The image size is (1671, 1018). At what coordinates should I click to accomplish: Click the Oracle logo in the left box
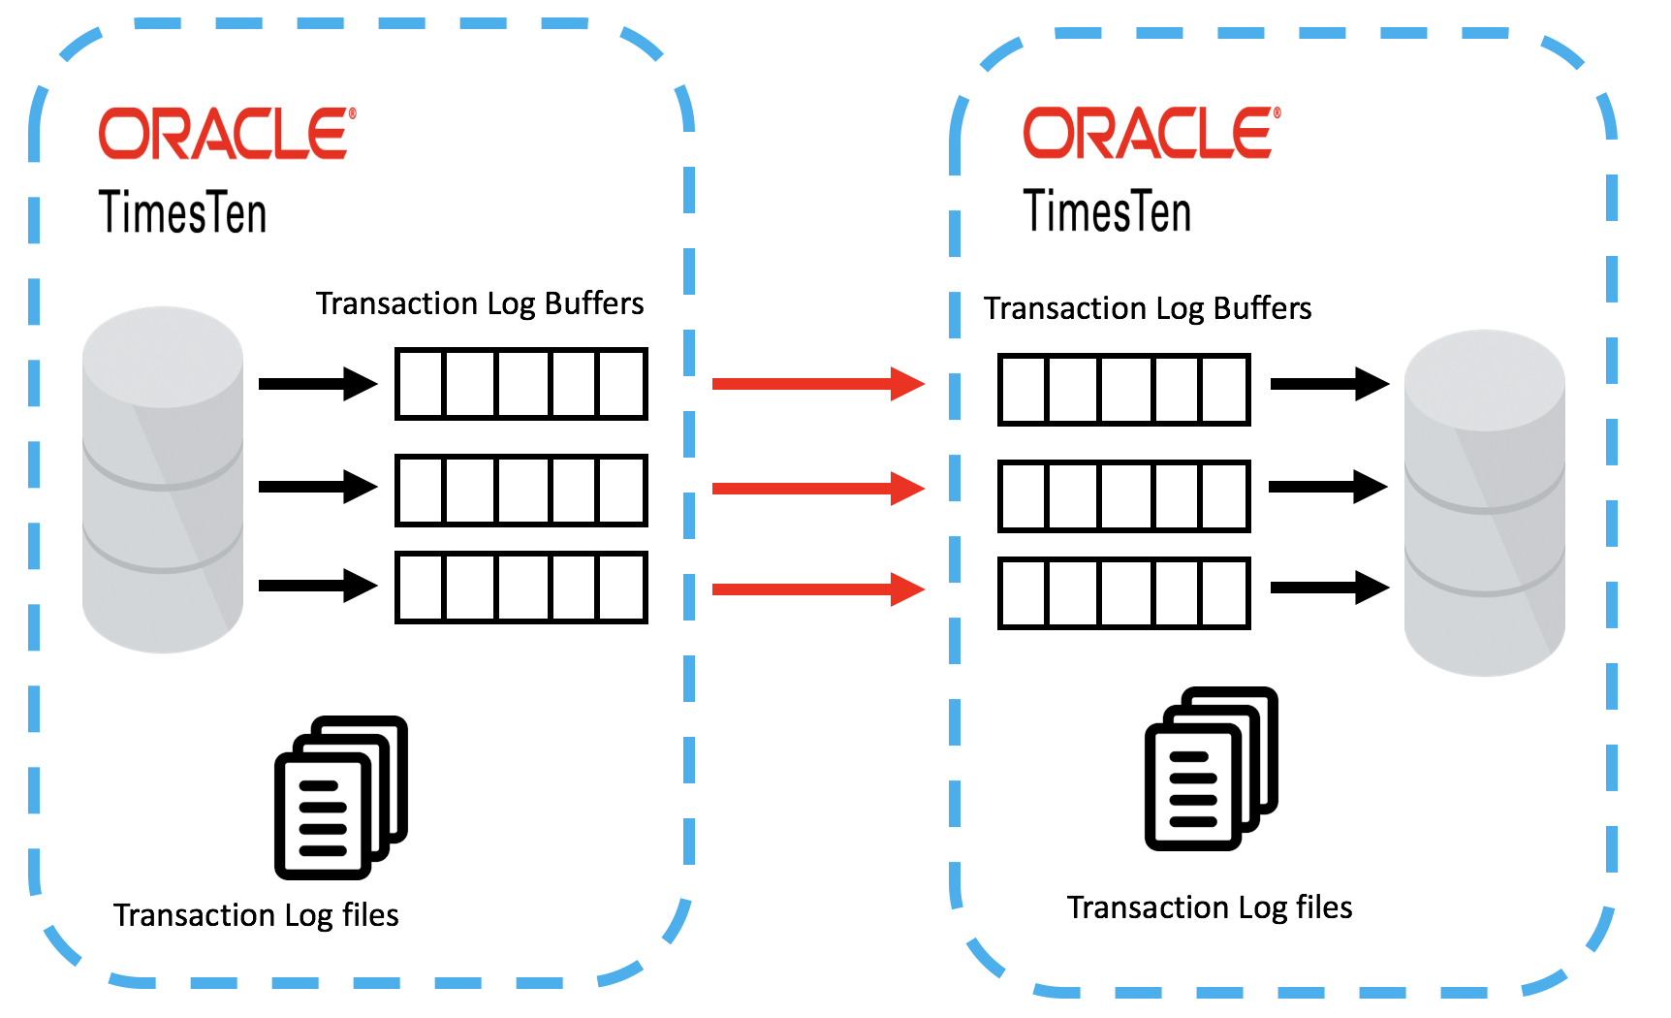click(227, 134)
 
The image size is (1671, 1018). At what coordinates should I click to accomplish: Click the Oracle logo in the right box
click(1151, 134)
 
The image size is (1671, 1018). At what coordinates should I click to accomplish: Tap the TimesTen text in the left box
click(182, 212)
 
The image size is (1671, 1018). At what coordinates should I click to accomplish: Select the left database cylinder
click(163, 480)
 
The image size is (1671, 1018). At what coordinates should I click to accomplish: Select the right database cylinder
click(1484, 502)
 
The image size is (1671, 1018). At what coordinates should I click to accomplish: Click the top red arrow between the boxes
click(818, 384)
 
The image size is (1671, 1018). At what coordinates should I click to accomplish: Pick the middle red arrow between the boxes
click(818, 489)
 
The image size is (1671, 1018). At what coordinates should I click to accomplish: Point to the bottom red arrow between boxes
click(818, 589)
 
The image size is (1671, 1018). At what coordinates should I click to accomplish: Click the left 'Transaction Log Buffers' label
click(480, 303)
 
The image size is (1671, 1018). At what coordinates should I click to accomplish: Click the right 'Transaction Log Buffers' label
click(1148, 308)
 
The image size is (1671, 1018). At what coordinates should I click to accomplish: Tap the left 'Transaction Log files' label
click(256, 915)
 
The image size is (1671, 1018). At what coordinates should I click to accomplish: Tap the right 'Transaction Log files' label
click(1210, 907)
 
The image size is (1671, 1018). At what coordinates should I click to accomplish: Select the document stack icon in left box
click(340, 797)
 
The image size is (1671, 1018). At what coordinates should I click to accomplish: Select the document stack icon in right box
click(1211, 768)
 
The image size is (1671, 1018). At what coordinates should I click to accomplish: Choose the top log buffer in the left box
click(521, 384)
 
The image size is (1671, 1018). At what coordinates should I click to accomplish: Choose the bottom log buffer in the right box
click(1124, 593)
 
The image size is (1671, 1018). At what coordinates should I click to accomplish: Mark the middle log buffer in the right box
click(1124, 496)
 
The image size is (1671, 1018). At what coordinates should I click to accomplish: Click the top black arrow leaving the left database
click(318, 384)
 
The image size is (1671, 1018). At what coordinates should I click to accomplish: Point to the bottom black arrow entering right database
click(1330, 588)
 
